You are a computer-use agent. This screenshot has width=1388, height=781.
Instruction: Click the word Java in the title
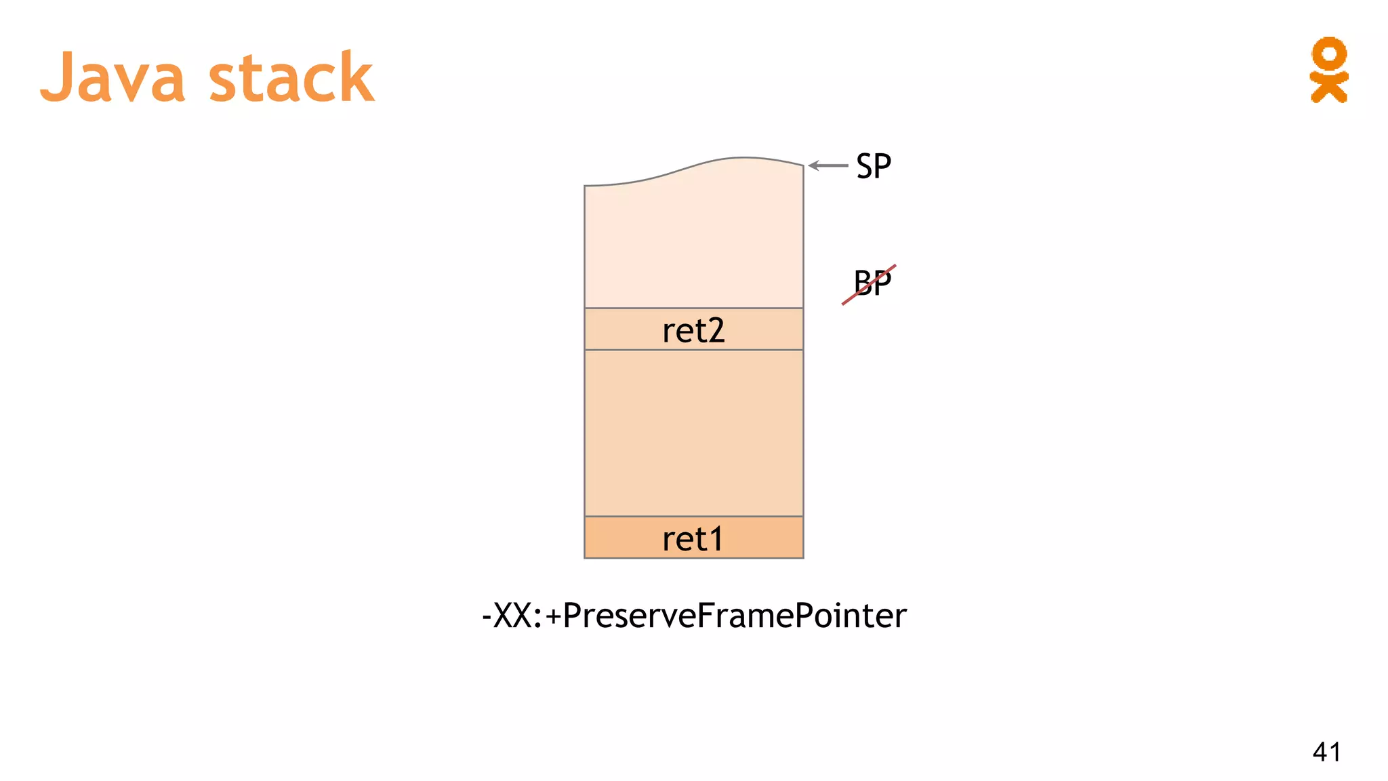[113, 77]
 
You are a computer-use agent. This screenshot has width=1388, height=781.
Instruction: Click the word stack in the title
[291, 77]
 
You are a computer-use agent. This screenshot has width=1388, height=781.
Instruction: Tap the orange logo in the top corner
[1328, 70]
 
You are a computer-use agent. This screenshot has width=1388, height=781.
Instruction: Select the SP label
[873, 166]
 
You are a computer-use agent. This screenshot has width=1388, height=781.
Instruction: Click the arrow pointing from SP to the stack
[828, 165]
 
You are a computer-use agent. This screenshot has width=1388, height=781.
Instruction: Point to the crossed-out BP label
[872, 283]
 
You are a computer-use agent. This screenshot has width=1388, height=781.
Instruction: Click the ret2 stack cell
[693, 330]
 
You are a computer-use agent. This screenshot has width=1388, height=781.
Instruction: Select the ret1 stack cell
[693, 538]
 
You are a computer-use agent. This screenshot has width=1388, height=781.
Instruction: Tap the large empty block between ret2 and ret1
[693, 433]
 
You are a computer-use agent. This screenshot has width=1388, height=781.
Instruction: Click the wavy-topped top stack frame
[693, 237]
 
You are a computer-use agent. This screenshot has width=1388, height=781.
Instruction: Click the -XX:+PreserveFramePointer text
[693, 616]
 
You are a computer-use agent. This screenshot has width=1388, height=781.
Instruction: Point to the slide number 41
[1326, 752]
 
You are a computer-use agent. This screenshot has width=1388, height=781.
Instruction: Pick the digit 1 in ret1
[714, 539]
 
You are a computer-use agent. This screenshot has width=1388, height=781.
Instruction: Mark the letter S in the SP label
[864, 166]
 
